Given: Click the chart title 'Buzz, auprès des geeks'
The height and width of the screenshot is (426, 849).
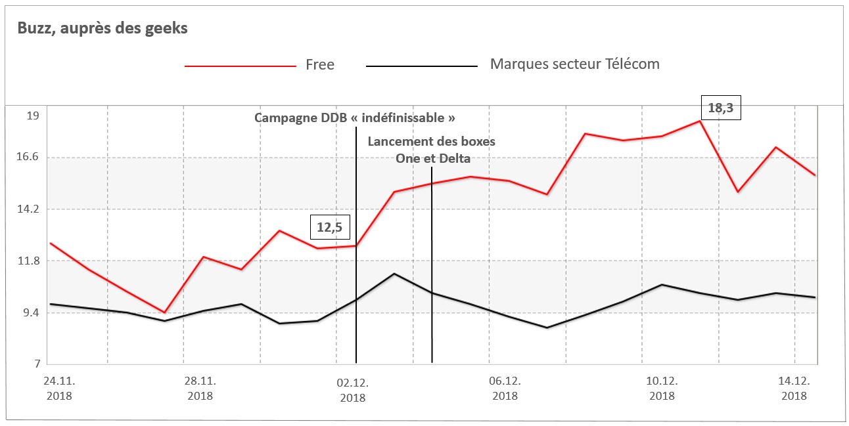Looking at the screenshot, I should [x=103, y=29].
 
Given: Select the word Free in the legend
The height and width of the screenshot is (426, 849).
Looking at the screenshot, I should [x=320, y=65].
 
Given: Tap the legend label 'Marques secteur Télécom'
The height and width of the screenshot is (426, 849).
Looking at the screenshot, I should [x=574, y=64].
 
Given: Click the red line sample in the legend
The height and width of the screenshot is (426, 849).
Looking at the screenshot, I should [x=240, y=66].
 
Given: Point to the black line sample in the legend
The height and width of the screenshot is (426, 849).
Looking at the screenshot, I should [x=421, y=66].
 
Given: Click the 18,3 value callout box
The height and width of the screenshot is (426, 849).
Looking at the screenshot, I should [x=720, y=108].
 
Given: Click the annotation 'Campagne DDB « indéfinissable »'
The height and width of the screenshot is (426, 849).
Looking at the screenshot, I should [x=355, y=118].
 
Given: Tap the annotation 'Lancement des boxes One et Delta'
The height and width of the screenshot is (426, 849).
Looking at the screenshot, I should [x=432, y=150].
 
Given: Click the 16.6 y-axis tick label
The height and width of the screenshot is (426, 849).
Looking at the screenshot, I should [x=30, y=157].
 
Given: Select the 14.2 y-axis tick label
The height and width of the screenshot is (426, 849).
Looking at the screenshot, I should [x=30, y=209].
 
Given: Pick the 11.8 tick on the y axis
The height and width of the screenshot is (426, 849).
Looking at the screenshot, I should [x=30, y=261].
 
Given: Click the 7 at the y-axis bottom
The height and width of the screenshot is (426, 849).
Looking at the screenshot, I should [x=37, y=364].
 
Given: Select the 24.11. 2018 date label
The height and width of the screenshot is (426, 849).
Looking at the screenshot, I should [x=58, y=389].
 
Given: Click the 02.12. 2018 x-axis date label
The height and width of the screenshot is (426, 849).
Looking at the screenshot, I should [x=353, y=389].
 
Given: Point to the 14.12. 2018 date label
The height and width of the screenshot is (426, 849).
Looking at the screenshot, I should [x=794, y=389].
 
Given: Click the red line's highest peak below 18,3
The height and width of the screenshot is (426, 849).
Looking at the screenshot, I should [x=700, y=121].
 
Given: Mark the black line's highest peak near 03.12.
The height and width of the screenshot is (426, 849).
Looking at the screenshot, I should [x=394, y=274].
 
